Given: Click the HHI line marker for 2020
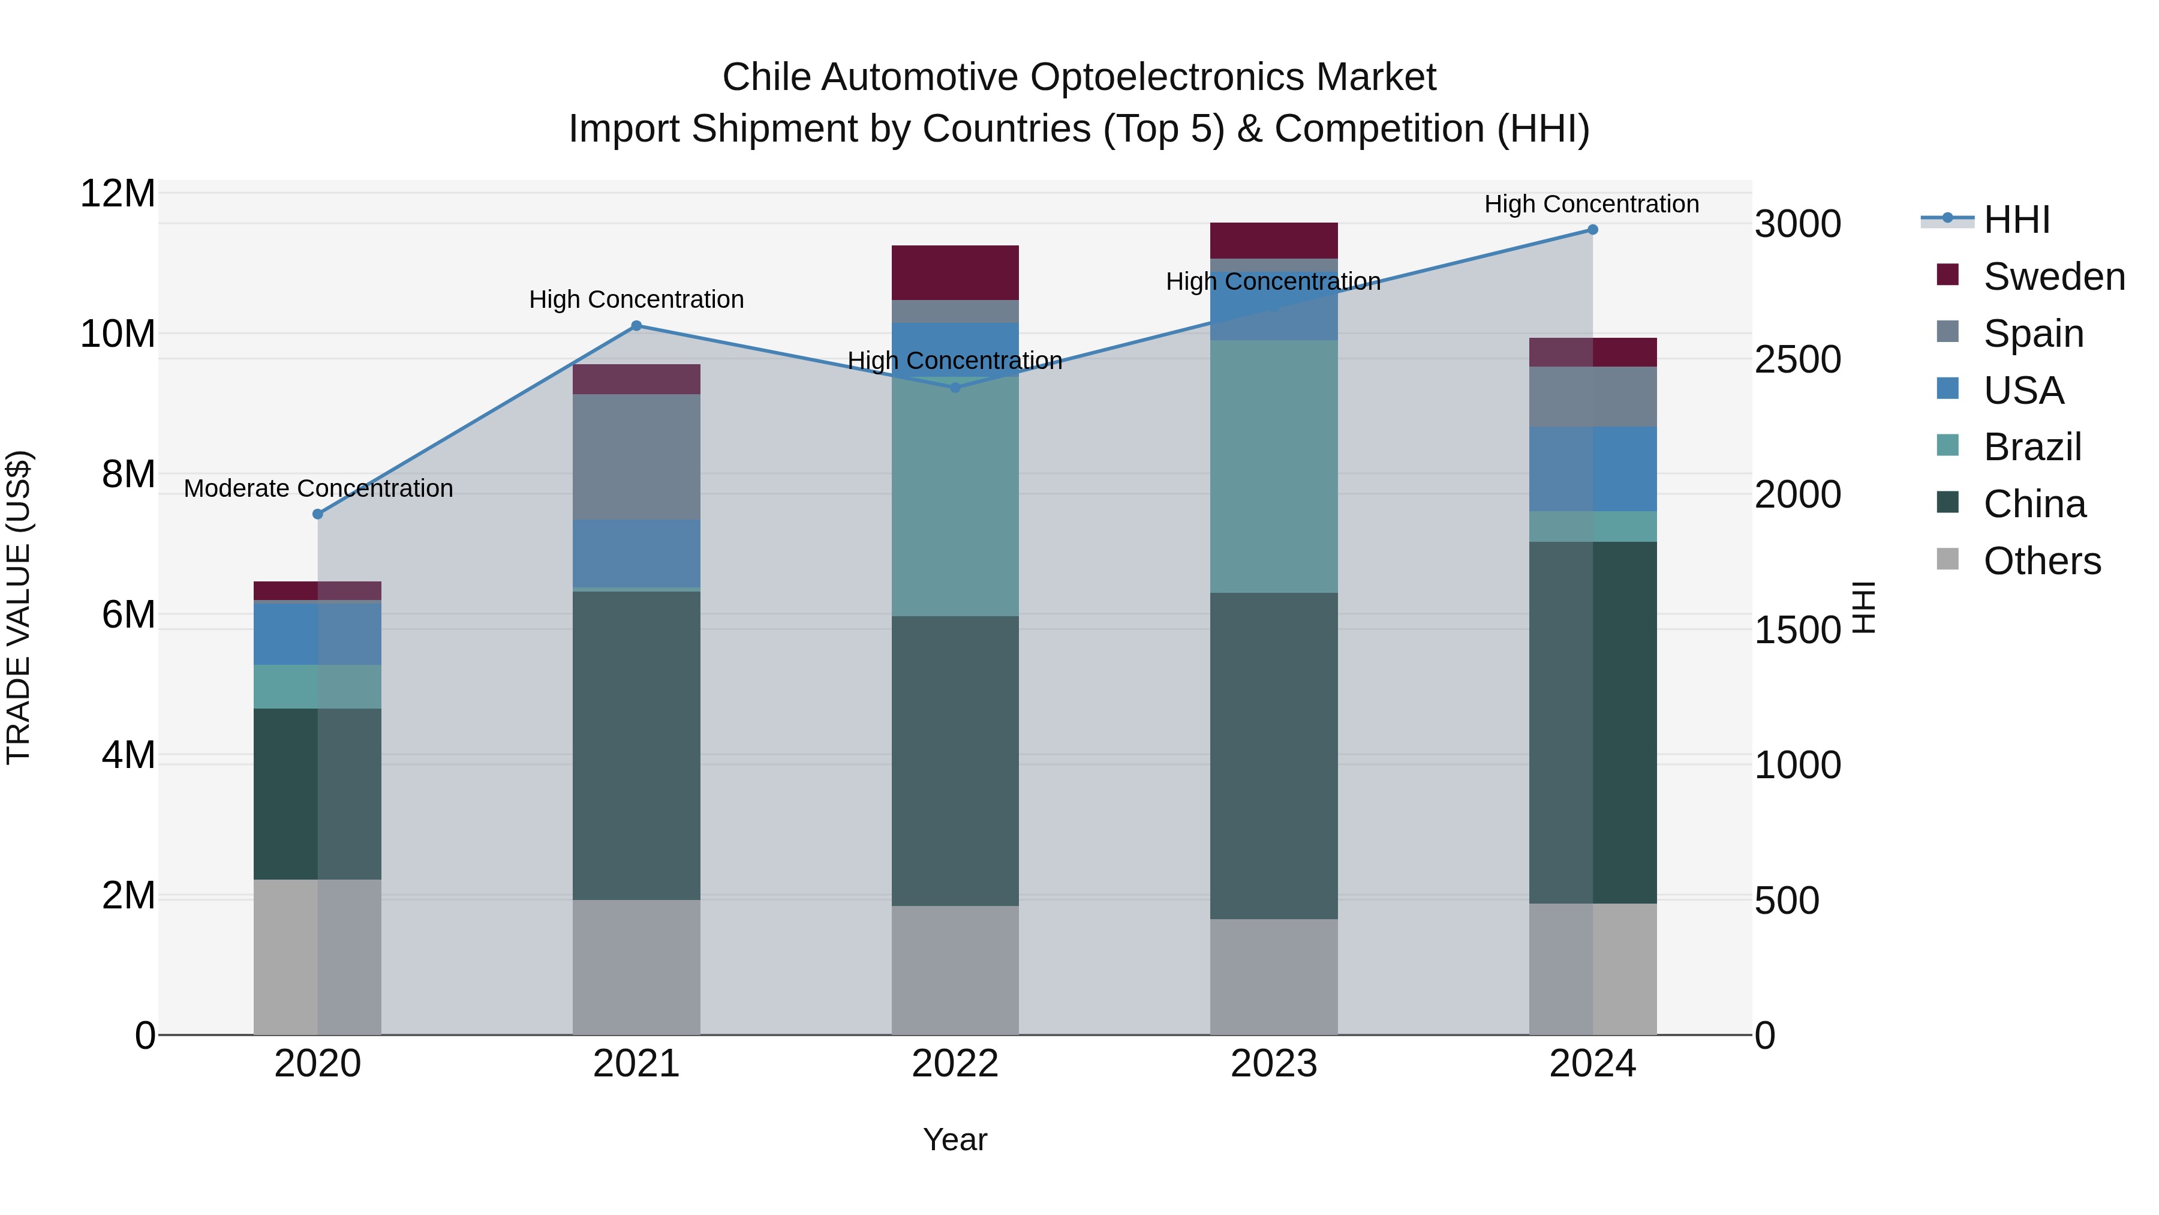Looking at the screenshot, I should pyautogui.click(x=318, y=514).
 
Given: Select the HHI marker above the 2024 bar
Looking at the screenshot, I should pyautogui.click(x=1592, y=230).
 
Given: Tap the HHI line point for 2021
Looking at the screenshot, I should pyautogui.click(x=636, y=326).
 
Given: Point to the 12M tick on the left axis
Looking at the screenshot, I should pyautogui.click(x=118, y=194).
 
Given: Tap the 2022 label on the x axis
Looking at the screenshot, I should pyautogui.click(x=955, y=1064).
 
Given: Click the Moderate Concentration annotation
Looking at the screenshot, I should pyautogui.click(x=318, y=488).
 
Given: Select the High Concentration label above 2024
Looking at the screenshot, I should pyautogui.click(x=1592, y=204).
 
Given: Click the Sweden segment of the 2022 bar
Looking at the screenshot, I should pyautogui.click(x=955, y=272).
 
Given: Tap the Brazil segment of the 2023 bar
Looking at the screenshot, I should pyautogui.click(x=1273, y=466).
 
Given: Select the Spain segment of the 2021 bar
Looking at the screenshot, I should pyautogui.click(x=636, y=457).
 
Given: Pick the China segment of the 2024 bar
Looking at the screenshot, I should pyautogui.click(x=1592, y=722).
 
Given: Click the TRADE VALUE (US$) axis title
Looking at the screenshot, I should pyautogui.click(x=19, y=607).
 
